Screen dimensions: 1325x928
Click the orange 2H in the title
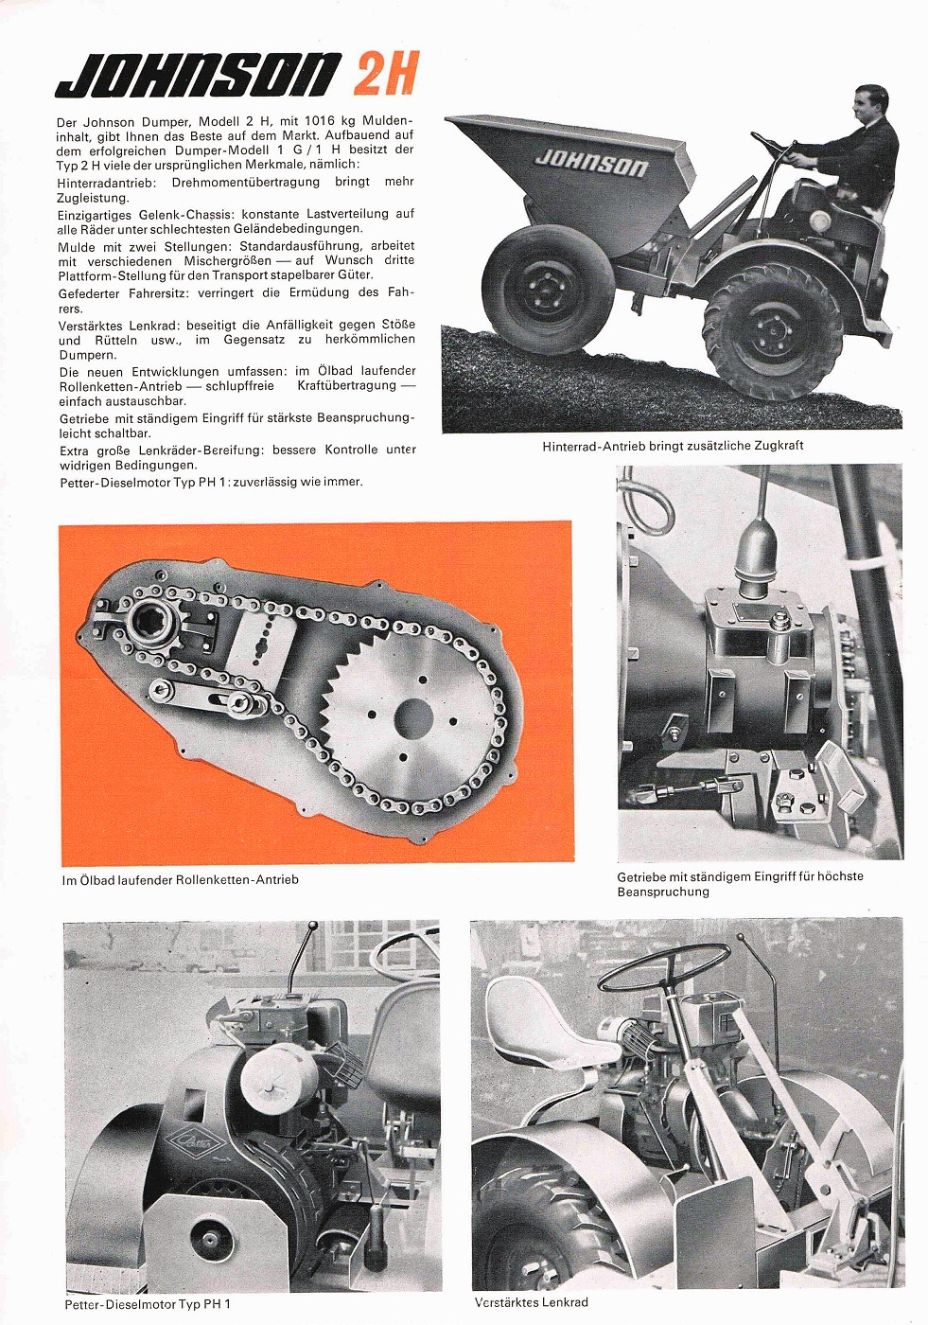click(385, 74)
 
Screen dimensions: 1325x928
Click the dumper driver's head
click(867, 109)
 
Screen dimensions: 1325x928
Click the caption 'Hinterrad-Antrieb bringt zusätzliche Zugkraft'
click(673, 446)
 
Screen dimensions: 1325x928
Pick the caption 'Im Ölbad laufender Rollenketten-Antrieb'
click(180, 880)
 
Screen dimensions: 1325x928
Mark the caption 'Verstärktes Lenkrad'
click(531, 1302)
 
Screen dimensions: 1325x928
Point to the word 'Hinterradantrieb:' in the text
click(107, 182)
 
